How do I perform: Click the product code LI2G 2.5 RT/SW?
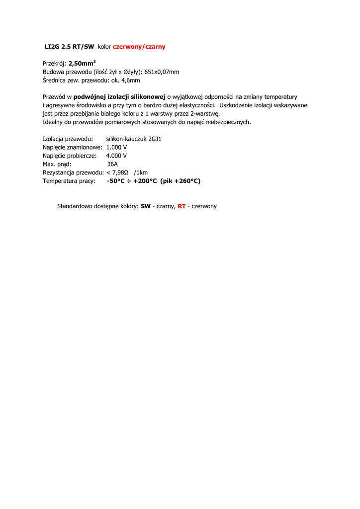pyautogui.click(x=69, y=47)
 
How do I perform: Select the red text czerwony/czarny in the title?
pyautogui.click(x=139, y=47)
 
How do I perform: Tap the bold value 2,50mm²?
pyautogui.click(x=82, y=64)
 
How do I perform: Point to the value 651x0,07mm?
pyautogui.click(x=162, y=72)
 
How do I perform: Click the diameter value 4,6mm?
pyautogui.click(x=131, y=81)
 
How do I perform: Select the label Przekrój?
pyautogui.click(x=54, y=64)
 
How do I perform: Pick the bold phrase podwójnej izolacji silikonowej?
pyautogui.click(x=119, y=97)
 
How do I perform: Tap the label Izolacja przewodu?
pyautogui.click(x=68, y=139)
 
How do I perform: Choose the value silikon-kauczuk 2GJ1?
pyautogui.click(x=134, y=139)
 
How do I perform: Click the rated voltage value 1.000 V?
pyautogui.click(x=117, y=148)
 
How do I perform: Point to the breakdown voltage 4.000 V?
pyautogui.click(x=116, y=156)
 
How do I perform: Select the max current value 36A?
pyautogui.click(x=112, y=165)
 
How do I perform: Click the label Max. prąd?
pyautogui.click(x=57, y=165)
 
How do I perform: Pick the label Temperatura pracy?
pyautogui.click(x=69, y=181)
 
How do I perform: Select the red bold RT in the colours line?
pyautogui.click(x=181, y=206)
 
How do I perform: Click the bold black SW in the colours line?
pyautogui.click(x=145, y=206)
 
